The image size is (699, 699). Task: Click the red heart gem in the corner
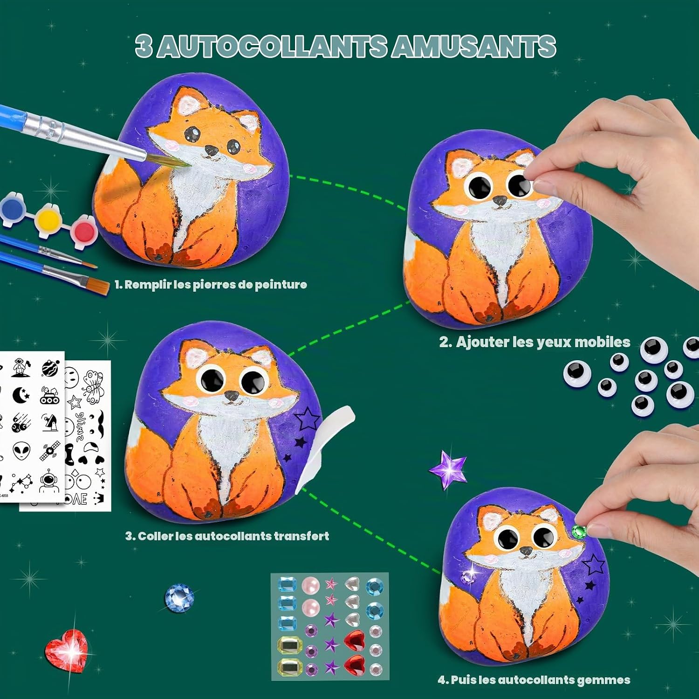[66, 650]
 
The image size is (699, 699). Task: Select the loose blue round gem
[179, 598]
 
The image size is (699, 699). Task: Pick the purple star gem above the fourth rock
[448, 469]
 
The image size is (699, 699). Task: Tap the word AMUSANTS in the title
[473, 47]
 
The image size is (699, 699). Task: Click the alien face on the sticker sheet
[21, 452]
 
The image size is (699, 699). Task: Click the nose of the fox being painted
[212, 151]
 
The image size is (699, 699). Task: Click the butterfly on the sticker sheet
[93, 386]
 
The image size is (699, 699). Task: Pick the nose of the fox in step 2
[500, 200]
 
